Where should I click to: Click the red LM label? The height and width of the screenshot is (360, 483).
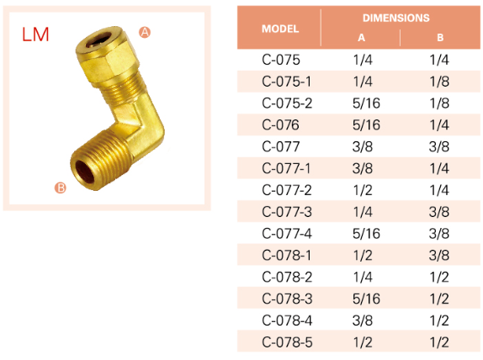tap(35, 34)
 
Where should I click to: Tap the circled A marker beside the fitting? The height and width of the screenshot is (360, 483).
tap(145, 32)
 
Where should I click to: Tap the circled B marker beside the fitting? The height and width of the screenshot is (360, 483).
tap(61, 188)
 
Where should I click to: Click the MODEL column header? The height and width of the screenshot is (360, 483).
tap(280, 29)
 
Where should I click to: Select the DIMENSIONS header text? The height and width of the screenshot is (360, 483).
tap(395, 18)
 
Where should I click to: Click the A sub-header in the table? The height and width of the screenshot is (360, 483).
tap(361, 38)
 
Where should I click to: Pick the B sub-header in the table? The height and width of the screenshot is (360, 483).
tap(440, 38)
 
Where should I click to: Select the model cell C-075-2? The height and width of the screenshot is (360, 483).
tap(287, 103)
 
